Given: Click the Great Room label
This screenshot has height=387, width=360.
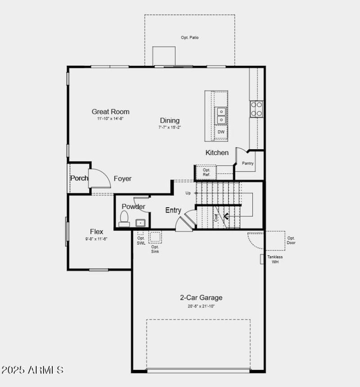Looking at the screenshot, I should [110, 111].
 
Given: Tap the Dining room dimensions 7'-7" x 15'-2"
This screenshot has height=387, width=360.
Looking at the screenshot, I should [170, 128].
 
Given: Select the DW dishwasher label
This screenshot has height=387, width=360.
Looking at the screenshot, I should [221, 132].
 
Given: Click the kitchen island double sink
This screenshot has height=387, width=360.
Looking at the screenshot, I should [221, 116].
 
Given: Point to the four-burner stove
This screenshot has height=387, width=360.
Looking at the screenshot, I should [256, 109].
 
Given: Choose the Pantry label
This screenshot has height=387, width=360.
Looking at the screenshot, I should [248, 164].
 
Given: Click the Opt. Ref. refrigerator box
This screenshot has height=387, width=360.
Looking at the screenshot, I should [207, 172].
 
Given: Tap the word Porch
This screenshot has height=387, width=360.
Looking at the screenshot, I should [79, 178].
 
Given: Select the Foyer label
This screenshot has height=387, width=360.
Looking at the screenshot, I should [122, 178].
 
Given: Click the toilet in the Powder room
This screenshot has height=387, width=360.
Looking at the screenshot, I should [124, 219].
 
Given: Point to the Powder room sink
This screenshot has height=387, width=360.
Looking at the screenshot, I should [140, 222].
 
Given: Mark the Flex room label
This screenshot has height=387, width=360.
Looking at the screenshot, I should [96, 231].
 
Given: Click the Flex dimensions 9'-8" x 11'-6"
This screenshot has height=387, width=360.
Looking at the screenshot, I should [96, 239].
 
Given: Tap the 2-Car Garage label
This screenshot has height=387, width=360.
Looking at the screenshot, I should [201, 298].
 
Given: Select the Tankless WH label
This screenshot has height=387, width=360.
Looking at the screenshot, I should [275, 259].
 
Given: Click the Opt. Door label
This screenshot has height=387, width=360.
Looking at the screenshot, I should [291, 240].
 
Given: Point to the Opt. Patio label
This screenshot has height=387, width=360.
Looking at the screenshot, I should [189, 38].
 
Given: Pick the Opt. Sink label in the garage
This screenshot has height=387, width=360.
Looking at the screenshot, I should [155, 249].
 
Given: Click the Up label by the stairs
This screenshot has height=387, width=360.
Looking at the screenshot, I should [188, 193].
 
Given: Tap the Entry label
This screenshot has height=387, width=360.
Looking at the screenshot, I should [173, 210].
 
